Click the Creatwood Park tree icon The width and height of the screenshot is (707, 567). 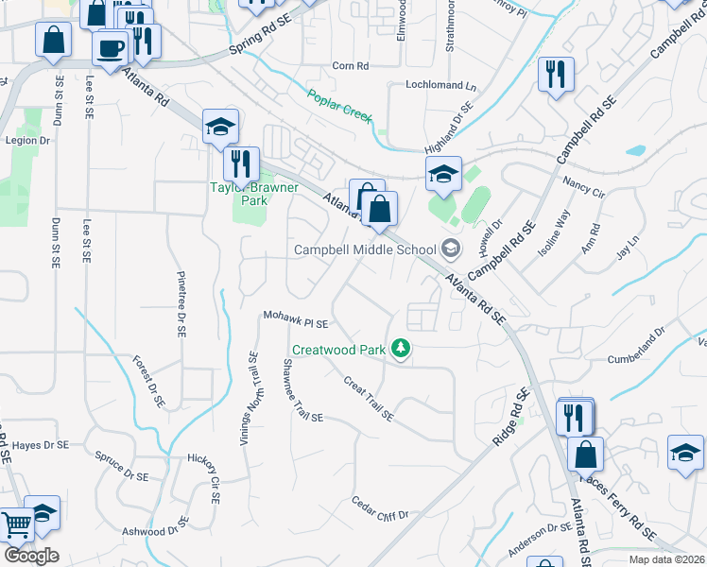tap(402, 350)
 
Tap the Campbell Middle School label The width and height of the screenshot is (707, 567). tap(364, 249)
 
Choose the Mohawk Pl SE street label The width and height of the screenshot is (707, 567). tap(295, 322)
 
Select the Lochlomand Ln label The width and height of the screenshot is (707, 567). tap(435, 85)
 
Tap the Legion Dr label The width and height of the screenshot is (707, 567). tap(27, 140)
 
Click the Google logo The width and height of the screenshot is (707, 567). tap(30, 556)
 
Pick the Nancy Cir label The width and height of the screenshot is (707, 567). tap(582, 185)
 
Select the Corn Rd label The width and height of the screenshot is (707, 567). tap(350, 65)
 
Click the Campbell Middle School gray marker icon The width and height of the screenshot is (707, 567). tap(451, 249)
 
